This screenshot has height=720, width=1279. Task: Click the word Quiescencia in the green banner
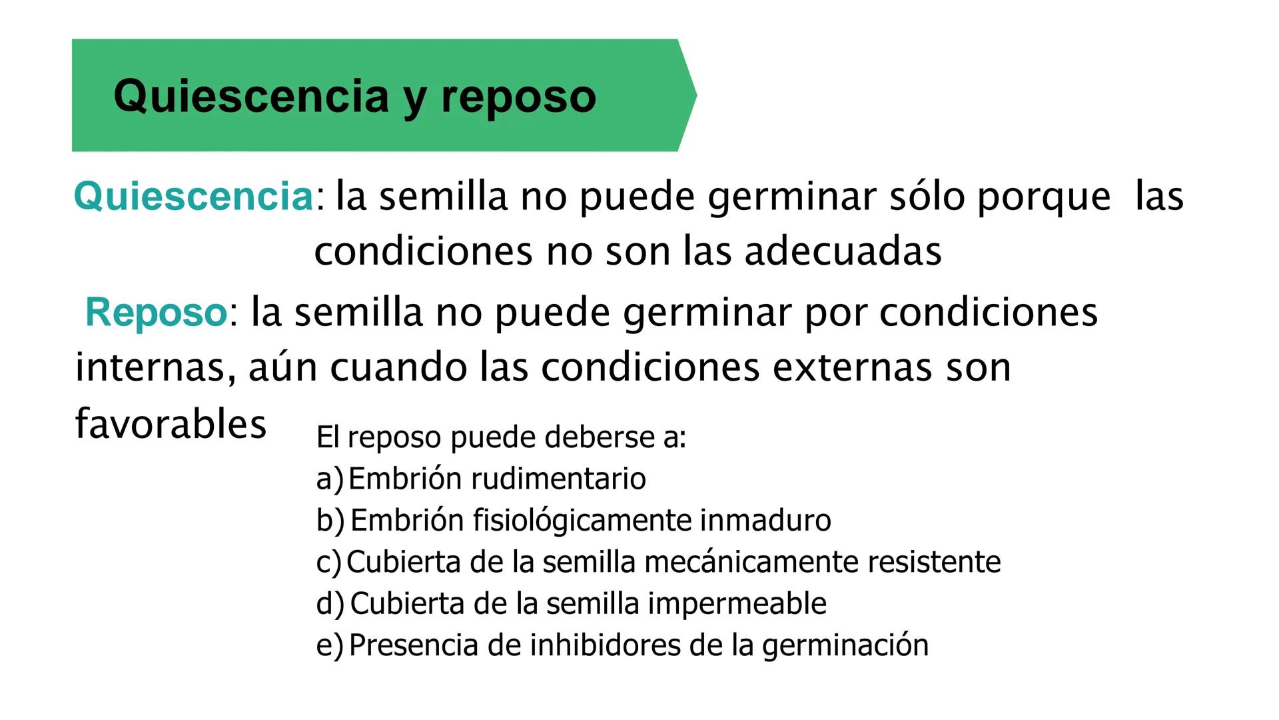click(x=251, y=97)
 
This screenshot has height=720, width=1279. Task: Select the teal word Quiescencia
click(x=193, y=197)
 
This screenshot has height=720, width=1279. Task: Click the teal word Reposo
click(x=157, y=312)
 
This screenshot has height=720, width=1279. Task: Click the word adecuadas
click(x=843, y=252)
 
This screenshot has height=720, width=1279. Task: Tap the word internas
click(x=155, y=367)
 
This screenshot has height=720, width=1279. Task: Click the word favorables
click(x=171, y=424)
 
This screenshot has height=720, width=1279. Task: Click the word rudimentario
click(x=558, y=479)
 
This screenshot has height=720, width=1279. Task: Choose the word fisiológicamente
click(x=582, y=521)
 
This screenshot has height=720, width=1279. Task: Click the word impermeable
click(x=737, y=603)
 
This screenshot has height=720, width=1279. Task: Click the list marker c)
click(x=329, y=562)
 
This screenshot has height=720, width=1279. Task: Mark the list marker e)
click(x=330, y=645)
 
